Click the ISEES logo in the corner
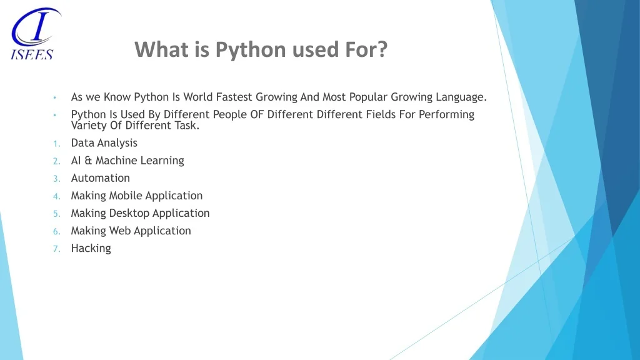(36, 34)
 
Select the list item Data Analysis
(104, 143)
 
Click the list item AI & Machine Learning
(127, 161)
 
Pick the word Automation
(101, 178)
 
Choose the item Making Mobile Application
(137, 196)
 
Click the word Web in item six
(120, 231)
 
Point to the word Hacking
(91, 248)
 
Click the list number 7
(57, 249)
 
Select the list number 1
(57, 144)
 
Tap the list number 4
(57, 196)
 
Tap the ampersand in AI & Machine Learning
(88, 161)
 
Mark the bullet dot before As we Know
(55, 97)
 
